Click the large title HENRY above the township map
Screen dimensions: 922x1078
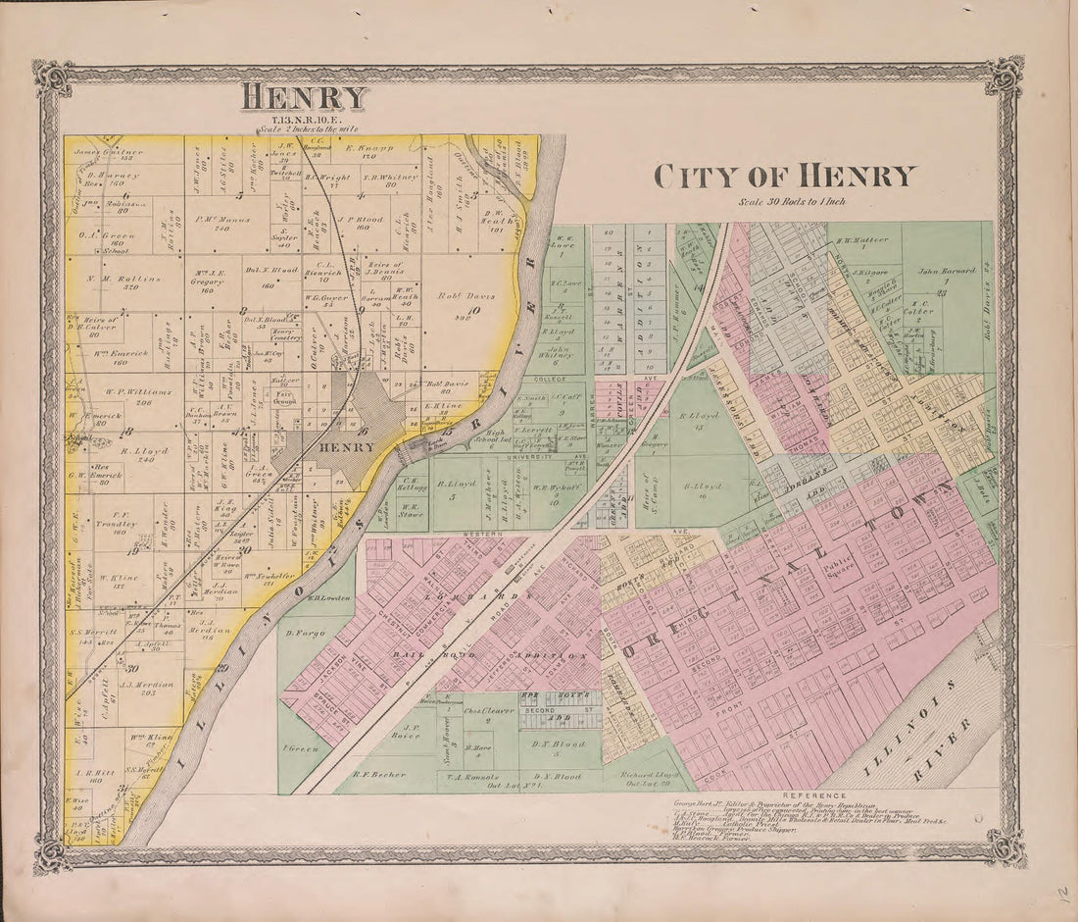coord(305,97)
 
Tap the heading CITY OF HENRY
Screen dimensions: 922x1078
coord(784,177)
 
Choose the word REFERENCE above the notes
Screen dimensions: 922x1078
coord(814,795)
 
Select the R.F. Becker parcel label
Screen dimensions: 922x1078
coord(377,775)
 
